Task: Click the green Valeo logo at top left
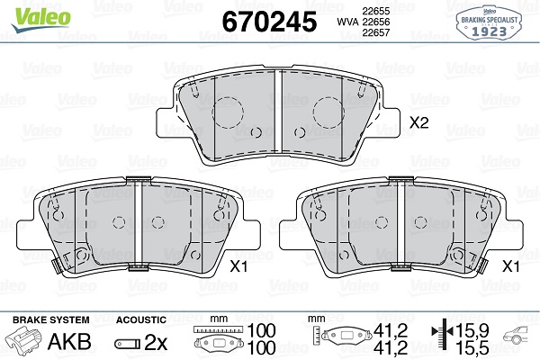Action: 41,20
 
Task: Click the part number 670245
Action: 269,22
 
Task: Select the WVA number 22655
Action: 375,11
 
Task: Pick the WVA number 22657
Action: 375,32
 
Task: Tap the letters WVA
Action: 347,22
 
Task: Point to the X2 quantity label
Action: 419,122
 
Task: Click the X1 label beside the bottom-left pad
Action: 238,266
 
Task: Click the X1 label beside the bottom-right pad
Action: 510,266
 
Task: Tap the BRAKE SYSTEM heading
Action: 51,319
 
